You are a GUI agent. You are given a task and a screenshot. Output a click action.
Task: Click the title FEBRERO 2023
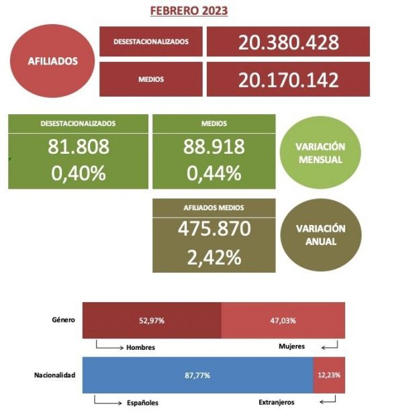(x=189, y=11)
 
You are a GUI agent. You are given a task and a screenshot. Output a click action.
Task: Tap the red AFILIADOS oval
(x=53, y=60)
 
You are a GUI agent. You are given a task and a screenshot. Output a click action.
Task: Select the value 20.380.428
(x=288, y=42)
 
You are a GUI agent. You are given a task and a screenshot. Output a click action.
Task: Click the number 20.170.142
(x=288, y=79)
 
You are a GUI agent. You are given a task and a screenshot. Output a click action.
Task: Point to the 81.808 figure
(x=78, y=147)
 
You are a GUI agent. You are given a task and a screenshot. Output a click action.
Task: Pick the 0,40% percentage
(x=78, y=173)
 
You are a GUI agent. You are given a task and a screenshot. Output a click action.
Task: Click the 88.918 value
(x=214, y=147)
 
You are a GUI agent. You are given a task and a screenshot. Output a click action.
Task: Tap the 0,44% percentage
(x=214, y=173)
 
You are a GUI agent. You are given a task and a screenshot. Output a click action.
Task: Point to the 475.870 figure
(x=214, y=229)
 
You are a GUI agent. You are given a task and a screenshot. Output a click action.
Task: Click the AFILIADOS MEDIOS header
(x=214, y=208)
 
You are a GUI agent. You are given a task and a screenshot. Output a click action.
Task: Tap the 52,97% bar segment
(x=152, y=320)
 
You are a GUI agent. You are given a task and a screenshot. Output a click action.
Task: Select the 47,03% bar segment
(x=283, y=320)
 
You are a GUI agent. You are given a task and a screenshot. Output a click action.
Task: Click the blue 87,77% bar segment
(x=197, y=375)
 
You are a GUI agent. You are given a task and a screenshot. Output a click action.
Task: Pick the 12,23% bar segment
(x=329, y=375)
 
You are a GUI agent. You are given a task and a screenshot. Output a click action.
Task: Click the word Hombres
(x=141, y=347)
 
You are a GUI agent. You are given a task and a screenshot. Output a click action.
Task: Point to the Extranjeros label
(x=276, y=402)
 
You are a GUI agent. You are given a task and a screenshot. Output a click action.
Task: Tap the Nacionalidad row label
(x=54, y=375)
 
